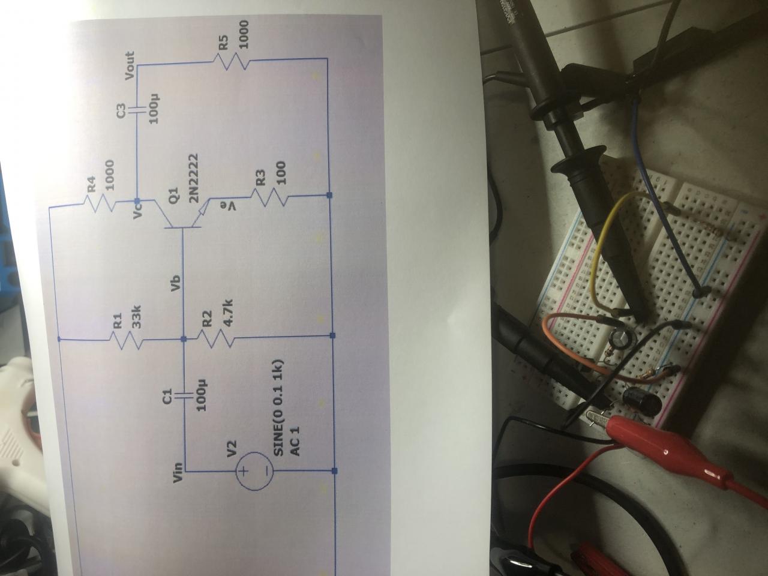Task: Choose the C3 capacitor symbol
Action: pyautogui.click(x=138, y=110)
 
